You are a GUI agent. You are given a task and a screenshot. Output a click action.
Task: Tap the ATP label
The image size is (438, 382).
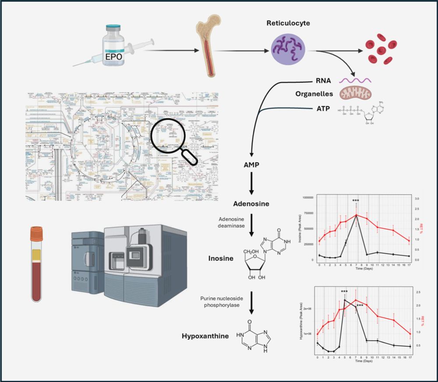324,108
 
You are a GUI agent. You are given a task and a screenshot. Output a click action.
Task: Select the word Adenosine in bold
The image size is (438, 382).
251,204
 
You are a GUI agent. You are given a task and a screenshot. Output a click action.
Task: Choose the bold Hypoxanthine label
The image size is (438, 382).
205,336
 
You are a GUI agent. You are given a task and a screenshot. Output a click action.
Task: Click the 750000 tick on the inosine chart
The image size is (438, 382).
309,213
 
